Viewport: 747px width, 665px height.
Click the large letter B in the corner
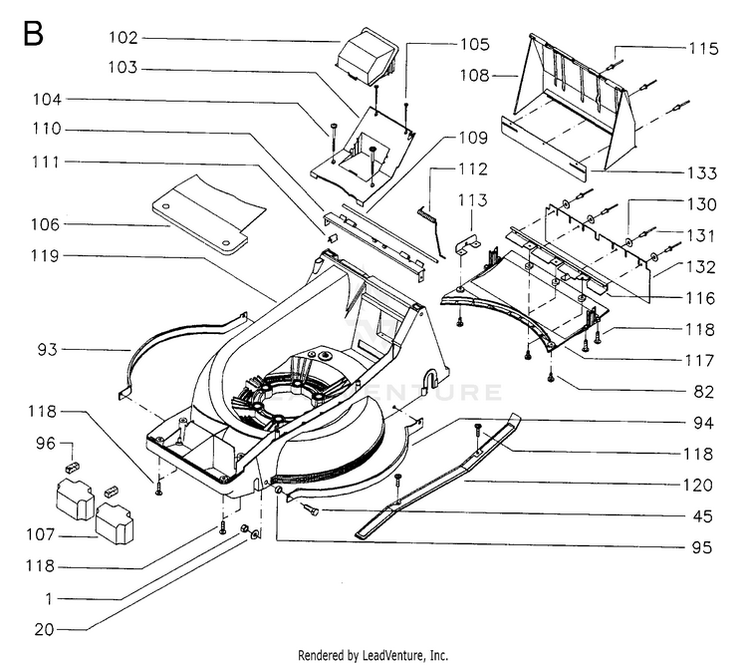click(33, 34)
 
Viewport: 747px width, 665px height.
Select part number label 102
click(124, 37)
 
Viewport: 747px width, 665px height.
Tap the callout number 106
click(45, 224)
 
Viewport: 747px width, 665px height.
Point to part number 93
click(47, 350)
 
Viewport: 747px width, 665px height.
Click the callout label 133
click(702, 172)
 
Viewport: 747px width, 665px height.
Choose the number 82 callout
click(703, 392)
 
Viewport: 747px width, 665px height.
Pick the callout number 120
click(697, 486)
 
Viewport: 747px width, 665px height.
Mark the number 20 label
click(44, 630)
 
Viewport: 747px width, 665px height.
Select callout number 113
click(472, 200)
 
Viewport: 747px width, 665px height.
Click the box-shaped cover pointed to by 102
click(367, 57)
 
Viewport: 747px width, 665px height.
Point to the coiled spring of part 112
click(427, 213)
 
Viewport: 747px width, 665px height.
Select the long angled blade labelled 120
click(438, 476)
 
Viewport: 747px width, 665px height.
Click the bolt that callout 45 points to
click(312, 509)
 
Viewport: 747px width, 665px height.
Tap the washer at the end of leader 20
click(255, 533)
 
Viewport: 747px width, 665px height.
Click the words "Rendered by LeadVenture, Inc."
click(373, 655)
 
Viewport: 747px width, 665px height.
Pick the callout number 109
click(473, 138)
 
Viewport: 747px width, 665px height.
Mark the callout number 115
click(703, 48)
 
